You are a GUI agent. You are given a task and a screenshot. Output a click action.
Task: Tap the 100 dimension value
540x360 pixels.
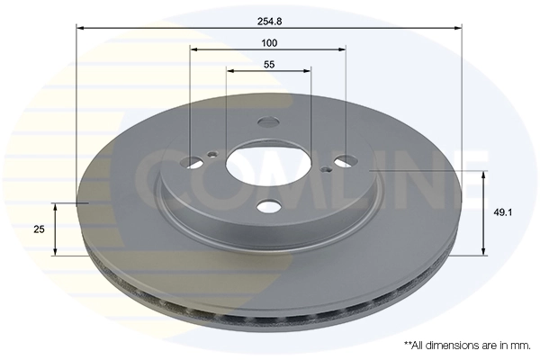pos(268,42)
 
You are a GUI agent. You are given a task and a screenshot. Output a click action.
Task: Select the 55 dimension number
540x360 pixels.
pos(268,63)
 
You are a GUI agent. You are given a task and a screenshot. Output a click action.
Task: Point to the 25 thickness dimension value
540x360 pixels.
pos(39,229)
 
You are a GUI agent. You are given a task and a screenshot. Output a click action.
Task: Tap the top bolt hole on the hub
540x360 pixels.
pos(268,123)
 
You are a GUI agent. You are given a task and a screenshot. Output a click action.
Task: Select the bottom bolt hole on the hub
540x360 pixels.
pos(268,208)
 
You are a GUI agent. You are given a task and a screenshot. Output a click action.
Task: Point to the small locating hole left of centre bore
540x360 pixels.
pos(212,155)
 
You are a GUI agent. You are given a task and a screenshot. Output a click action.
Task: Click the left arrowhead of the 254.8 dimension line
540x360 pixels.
pos(80,29)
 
